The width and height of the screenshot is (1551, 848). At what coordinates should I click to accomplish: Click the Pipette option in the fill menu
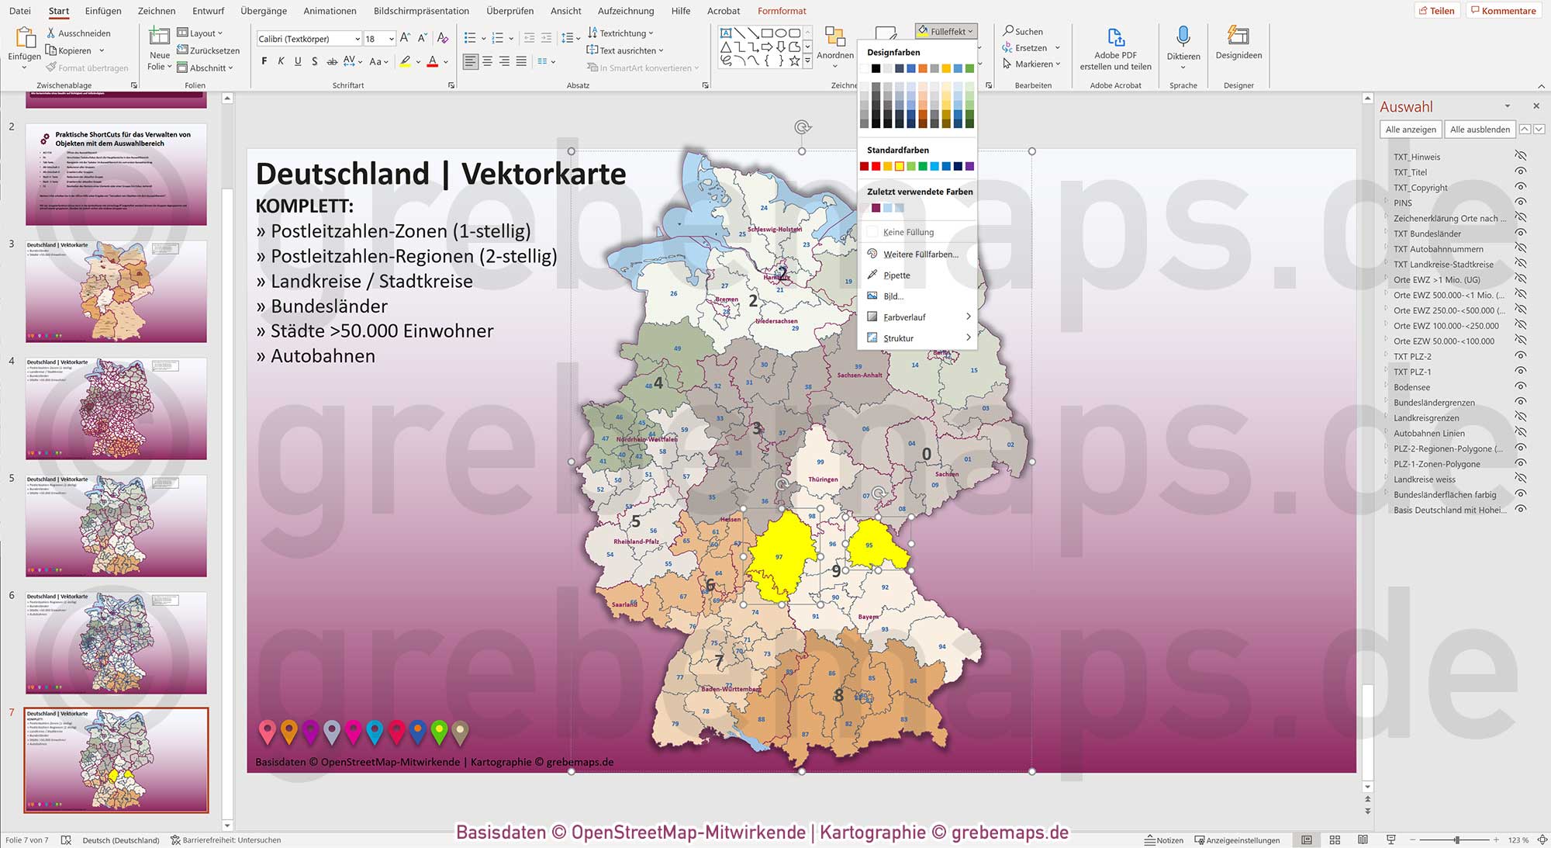[896, 275]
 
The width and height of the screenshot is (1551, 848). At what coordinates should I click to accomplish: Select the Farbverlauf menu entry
[904, 317]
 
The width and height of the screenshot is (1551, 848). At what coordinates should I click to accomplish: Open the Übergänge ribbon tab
[264, 11]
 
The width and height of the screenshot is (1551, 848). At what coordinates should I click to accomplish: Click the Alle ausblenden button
[1480, 130]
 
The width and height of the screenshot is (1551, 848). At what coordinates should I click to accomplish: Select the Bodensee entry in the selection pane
[1411, 387]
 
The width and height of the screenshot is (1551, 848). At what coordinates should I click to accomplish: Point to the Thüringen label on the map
[823, 479]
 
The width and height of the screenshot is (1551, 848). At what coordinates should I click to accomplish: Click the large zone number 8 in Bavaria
[838, 695]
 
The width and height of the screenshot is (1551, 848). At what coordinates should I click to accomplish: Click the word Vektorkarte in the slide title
[543, 174]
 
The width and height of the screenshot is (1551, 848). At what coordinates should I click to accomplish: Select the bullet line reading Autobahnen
[323, 356]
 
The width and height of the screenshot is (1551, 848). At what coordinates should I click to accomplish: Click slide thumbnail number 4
[116, 408]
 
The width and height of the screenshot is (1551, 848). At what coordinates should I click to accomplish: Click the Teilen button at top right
[1437, 11]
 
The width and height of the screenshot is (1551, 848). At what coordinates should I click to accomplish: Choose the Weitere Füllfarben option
[920, 254]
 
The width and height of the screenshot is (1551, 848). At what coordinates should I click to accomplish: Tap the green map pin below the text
[439, 731]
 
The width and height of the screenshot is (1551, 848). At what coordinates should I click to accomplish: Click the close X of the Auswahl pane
[1535, 106]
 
